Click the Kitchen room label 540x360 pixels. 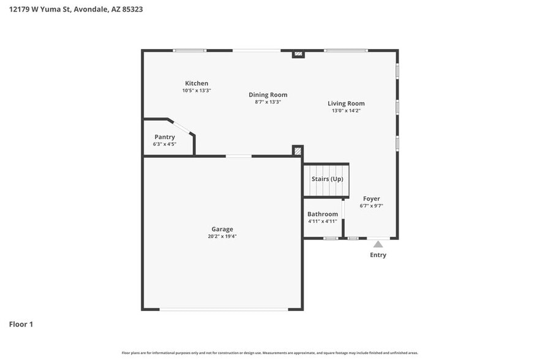197,83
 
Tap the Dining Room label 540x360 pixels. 268,95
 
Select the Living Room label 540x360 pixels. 346,103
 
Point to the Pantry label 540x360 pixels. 165,137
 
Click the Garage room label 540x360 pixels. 222,229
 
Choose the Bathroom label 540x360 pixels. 323,214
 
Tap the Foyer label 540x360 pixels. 371,198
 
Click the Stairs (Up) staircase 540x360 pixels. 327,179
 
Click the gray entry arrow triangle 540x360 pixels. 378,244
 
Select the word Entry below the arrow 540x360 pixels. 378,255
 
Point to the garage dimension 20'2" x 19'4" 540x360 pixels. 222,236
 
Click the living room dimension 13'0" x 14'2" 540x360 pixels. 346,111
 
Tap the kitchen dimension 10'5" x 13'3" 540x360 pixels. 197,91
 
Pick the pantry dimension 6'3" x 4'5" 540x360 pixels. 165,144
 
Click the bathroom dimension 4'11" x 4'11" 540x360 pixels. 323,221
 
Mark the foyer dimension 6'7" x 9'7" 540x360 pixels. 371,206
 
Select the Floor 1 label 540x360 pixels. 21,324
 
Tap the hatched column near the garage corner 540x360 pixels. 298,151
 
